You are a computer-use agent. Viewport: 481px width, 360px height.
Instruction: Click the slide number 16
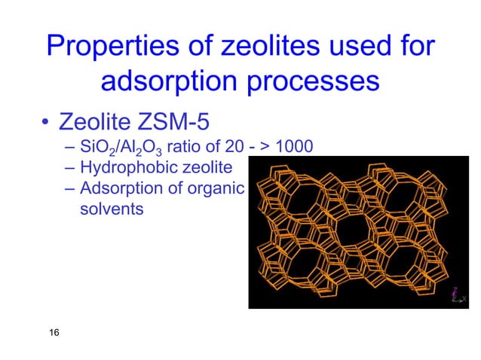54,333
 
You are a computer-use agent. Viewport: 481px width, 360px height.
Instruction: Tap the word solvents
112,209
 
